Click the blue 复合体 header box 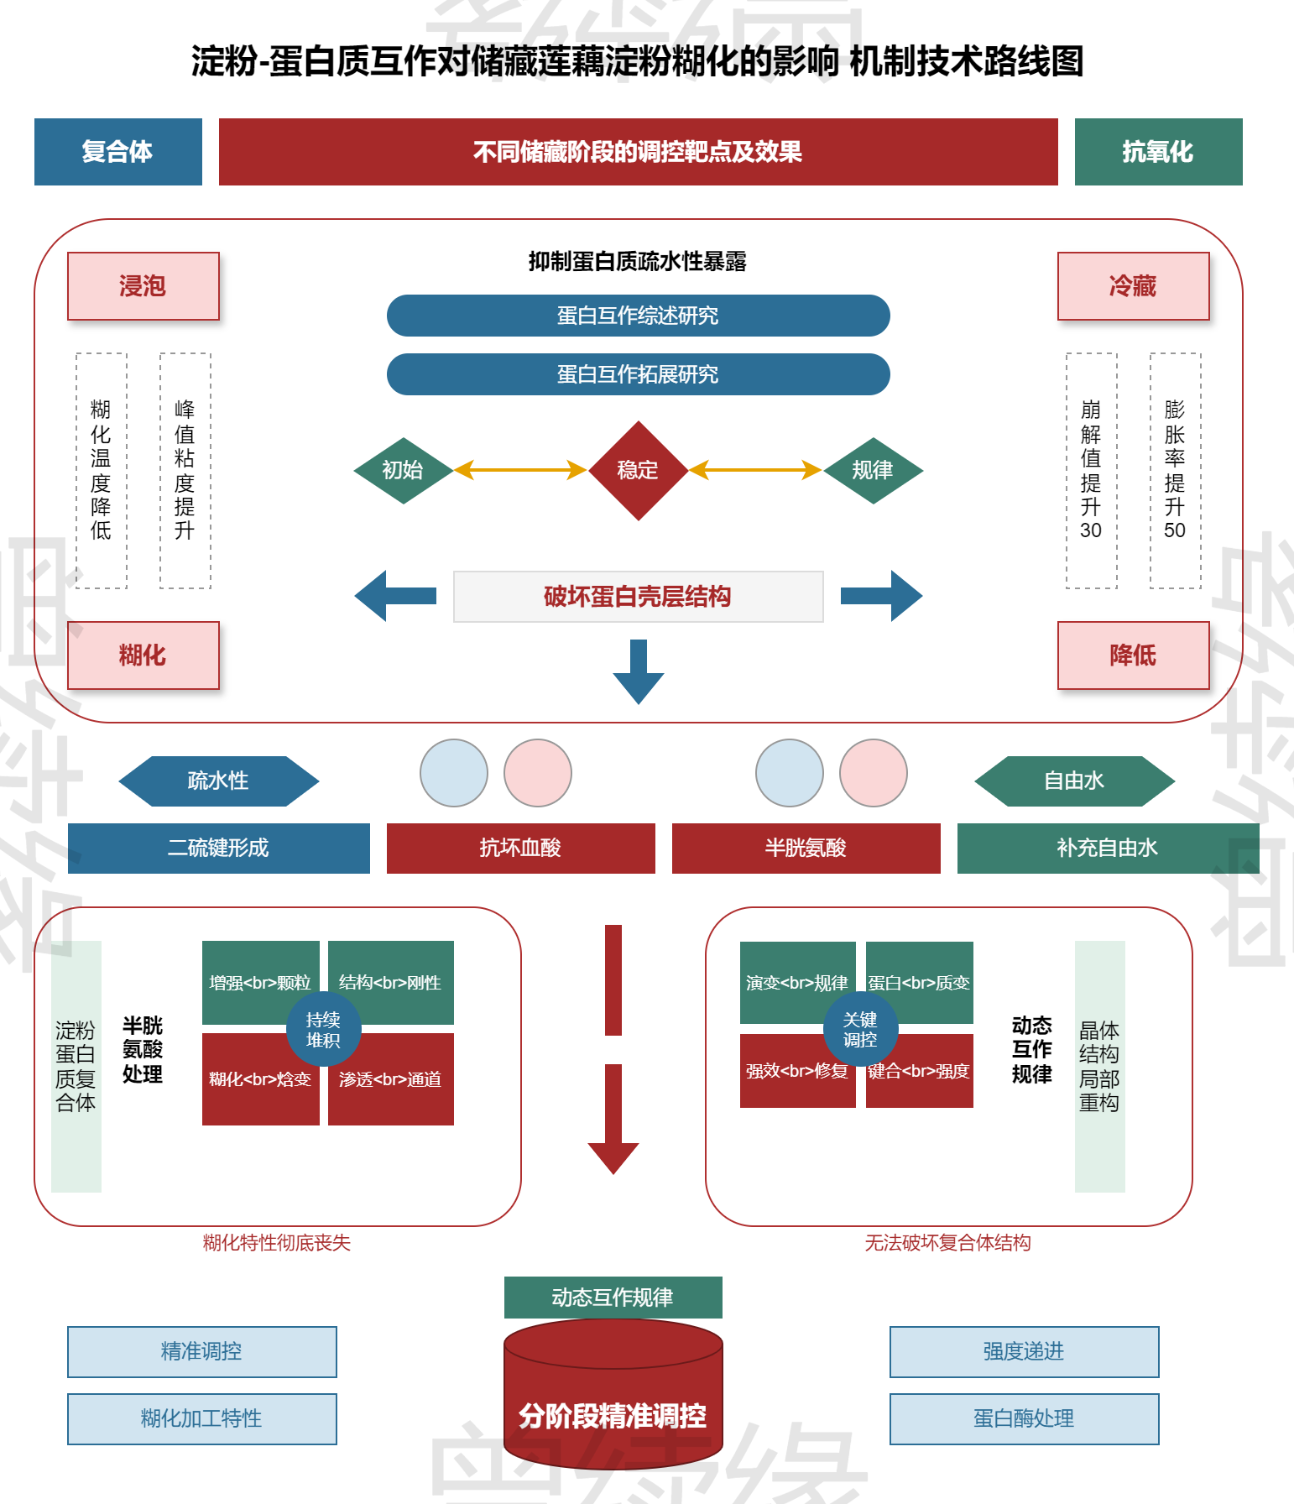point(118,152)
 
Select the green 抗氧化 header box point(1158,152)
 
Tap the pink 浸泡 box point(143,286)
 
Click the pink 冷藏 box point(1133,286)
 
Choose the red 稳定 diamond point(639,471)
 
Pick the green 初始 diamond point(404,471)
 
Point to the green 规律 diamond point(874,471)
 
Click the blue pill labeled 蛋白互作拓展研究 point(639,374)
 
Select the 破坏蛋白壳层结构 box point(639,597)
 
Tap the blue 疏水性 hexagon point(219,781)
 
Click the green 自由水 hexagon point(1075,781)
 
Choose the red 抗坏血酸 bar point(521,849)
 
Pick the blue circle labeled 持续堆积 point(324,1030)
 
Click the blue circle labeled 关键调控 point(861,1030)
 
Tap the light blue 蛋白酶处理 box point(1025,1419)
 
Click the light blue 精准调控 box point(202,1352)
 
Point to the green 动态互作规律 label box point(613,1298)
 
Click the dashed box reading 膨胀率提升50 point(1176,471)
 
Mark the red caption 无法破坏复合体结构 point(948,1243)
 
